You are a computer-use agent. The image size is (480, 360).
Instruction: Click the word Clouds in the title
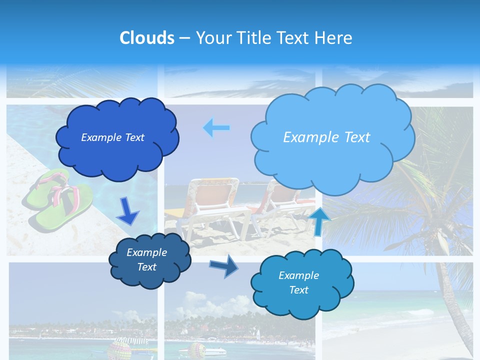pos(147,38)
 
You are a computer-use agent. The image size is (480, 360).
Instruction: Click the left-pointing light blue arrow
pos(216,127)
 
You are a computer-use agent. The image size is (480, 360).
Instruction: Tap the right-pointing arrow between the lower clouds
pos(224,265)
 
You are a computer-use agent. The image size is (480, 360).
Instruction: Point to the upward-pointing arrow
pos(319,221)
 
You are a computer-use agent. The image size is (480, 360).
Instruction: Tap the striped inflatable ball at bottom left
pos(119,349)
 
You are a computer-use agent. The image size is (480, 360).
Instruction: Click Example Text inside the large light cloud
pos(326,137)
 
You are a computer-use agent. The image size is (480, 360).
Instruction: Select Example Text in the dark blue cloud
pos(112,137)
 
